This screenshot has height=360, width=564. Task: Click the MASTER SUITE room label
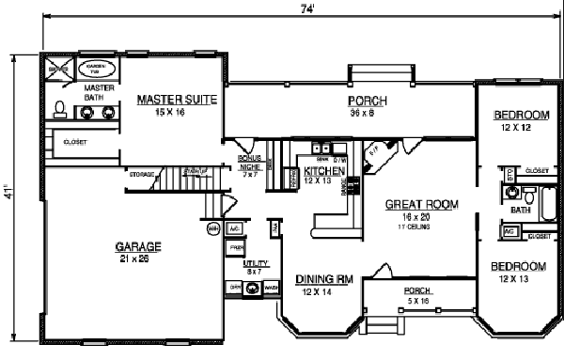pos(178,97)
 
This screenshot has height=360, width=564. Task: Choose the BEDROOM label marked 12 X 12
pos(520,116)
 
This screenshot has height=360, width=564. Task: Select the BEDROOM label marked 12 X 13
pos(520,266)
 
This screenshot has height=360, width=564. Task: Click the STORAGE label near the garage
pos(142,174)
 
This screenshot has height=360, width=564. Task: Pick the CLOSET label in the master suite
pos(75,142)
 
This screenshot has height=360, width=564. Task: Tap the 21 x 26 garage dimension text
pos(137,258)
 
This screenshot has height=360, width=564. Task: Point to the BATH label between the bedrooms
pos(513,211)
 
